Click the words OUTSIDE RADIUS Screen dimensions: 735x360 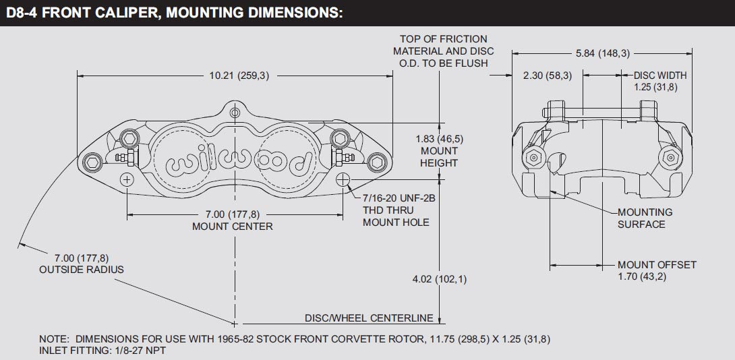pyautogui.click(x=82, y=270)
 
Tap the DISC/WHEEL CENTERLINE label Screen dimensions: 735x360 pyautogui.click(x=369, y=318)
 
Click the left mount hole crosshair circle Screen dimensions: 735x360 pyautogui.click(x=127, y=179)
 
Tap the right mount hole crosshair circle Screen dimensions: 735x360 pyautogui.click(x=343, y=179)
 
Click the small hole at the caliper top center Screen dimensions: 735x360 pyautogui.click(x=235, y=113)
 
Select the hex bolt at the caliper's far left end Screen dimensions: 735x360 pyautogui.click(x=92, y=162)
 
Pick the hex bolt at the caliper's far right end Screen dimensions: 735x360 pyautogui.click(x=376, y=162)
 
